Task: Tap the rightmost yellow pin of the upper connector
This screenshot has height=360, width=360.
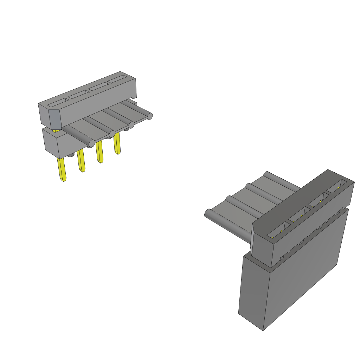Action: (x=117, y=144)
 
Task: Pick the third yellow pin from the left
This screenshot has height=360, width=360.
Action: (x=99, y=152)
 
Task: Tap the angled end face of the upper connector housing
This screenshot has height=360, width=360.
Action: (x=55, y=119)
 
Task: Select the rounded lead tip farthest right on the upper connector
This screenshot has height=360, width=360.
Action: (x=150, y=116)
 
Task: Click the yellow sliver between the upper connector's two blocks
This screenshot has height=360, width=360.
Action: (x=56, y=130)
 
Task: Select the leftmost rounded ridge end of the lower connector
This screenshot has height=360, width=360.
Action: (x=207, y=213)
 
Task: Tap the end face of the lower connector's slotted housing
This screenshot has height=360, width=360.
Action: (x=262, y=246)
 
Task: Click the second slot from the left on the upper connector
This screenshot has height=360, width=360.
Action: (x=79, y=94)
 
